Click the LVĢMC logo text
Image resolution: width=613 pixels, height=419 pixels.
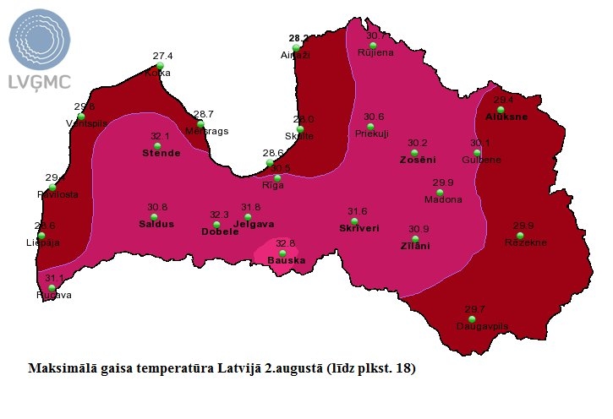(39, 81)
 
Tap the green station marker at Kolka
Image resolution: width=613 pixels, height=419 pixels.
(159, 65)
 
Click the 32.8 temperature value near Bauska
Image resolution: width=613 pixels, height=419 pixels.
(285, 243)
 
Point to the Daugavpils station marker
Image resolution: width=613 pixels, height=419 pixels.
(471, 318)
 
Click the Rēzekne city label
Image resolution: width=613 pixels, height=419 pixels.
(525, 242)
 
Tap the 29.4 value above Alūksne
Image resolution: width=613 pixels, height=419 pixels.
(504, 100)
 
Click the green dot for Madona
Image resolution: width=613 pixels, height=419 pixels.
(440, 192)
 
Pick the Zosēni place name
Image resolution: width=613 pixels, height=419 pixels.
(418, 160)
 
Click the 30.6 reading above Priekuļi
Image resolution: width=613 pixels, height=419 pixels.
(374, 117)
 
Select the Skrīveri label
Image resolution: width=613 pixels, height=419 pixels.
(358, 228)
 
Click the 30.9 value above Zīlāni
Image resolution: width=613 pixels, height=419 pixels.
(419, 229)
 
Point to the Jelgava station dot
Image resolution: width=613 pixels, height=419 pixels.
(248, 217)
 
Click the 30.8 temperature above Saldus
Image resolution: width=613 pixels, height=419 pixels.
(157, 207)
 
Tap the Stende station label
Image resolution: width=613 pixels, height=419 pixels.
(161, 153)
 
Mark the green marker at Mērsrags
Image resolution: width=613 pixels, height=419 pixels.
(200, 123)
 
